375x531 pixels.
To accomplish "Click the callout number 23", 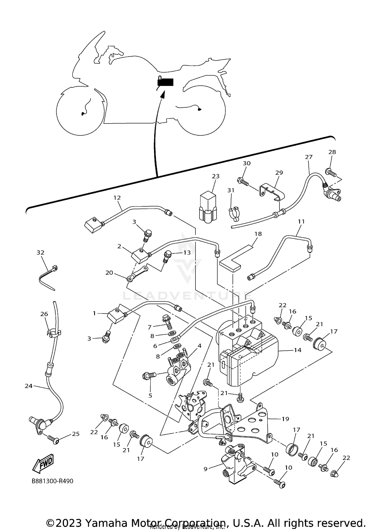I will click(215, 176).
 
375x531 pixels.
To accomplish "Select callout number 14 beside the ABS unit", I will click(297, 350).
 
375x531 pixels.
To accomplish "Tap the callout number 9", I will click(205, 469).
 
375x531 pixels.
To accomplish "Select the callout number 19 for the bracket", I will click(285, 419).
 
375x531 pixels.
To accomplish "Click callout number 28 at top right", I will click(332, 152).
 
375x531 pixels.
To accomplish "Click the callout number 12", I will click(117, 198).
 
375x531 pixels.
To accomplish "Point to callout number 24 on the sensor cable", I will click(28, 386).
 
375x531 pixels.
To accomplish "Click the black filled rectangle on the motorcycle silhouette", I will click(165, 82).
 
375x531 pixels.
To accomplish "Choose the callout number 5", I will click(150, 396).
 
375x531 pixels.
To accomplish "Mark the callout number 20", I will click(109, 273).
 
